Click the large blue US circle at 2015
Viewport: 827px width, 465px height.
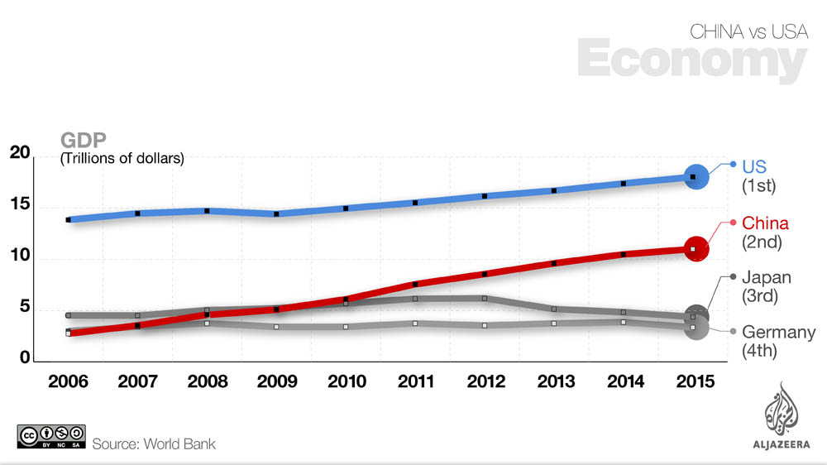coord(696,177)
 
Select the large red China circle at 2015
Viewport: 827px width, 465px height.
coord(696,248)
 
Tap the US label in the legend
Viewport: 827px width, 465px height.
coord(754,166)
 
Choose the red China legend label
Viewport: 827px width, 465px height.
coord(765,223)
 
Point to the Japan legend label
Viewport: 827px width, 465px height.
coord(767,278)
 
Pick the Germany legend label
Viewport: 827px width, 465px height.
coord(778,333)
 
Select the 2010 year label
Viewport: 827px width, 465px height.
coord(347,381)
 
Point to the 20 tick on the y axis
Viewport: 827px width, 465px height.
coord(20,153)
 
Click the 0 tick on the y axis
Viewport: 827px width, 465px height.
coord(26,359)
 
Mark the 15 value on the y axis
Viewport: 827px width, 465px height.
coord(20,204)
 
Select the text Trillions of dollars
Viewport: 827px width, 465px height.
coord(122,157)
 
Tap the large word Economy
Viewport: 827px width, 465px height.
coord(691,60)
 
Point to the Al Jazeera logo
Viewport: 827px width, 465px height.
coord(782,414)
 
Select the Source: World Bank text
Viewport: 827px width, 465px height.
coord(154,444)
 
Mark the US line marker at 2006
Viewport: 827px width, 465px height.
coord(69,220)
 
